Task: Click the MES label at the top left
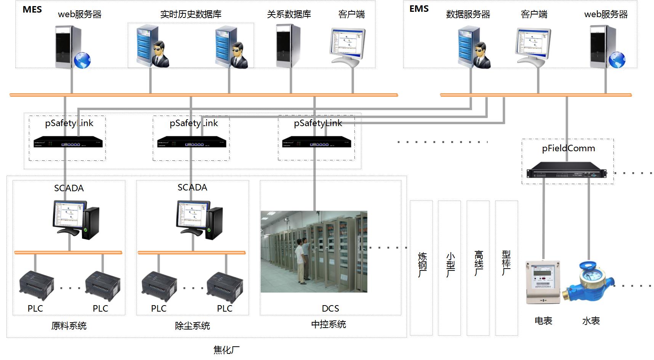pos(32,10)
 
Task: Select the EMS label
pos(419,9)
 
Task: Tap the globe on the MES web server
pos(82,60)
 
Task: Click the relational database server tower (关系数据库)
pos(288,46)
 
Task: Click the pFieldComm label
pos(568,148)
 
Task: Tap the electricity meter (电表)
pos(543,282)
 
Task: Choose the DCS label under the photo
pos(330,308)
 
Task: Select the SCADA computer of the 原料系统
pos(76,220)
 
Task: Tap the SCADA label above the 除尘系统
pos(192,187)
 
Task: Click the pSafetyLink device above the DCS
pos(316,142)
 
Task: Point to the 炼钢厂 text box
pos(422,268)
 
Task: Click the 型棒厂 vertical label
pos(506,263)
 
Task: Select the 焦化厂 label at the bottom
pos(226,350)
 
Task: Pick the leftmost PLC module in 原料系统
pos(36,286)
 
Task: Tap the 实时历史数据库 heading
pos(191,14)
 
